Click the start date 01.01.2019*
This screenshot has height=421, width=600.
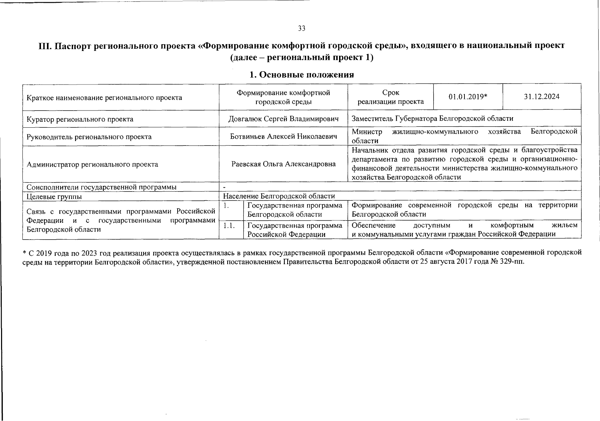468,97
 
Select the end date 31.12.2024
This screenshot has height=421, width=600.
542,97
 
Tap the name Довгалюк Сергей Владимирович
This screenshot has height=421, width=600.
283,119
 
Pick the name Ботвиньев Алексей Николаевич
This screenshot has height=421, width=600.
283,136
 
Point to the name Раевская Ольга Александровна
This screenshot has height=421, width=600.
283,164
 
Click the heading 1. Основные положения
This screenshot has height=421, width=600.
302,75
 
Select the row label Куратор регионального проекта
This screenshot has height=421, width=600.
80,119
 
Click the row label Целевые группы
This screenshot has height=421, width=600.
54,196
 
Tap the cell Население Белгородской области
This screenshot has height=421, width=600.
279,196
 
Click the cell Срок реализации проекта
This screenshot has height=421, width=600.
390,97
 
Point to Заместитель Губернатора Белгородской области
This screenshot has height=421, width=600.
432,119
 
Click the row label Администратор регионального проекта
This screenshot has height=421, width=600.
92,164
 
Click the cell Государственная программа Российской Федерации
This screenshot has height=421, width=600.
295,230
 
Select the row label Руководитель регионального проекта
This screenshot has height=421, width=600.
89,137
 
